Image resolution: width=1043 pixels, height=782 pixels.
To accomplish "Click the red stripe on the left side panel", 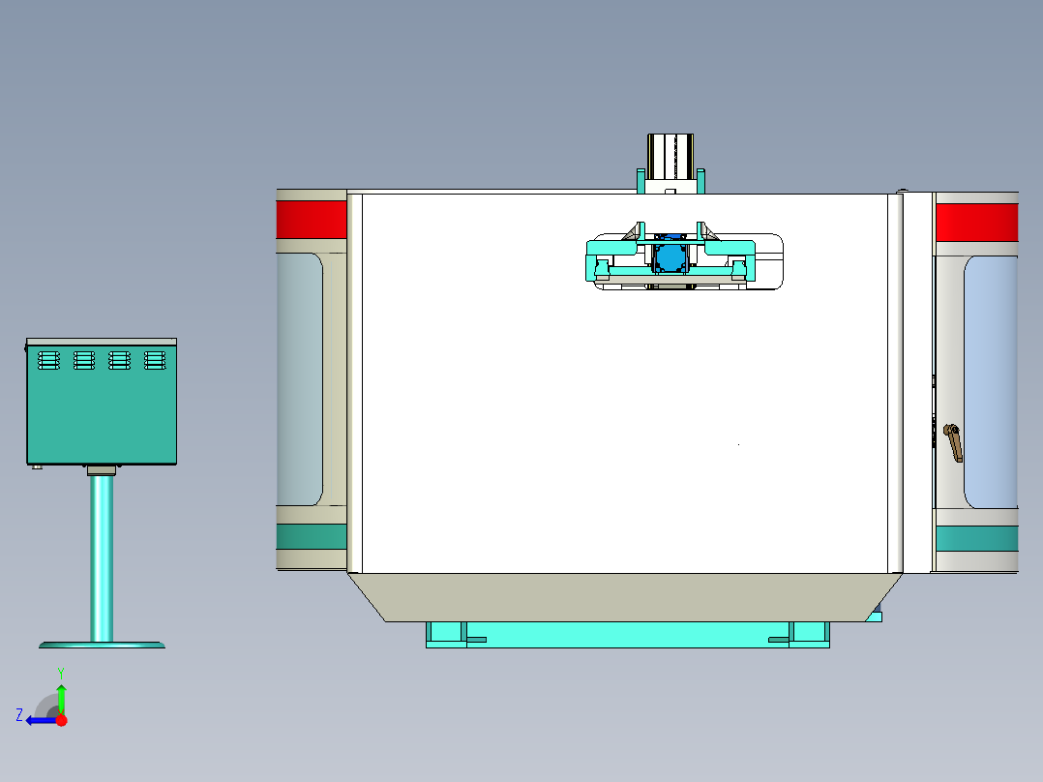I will pos(311,218).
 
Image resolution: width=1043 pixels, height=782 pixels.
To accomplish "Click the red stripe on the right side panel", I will pos(976,223).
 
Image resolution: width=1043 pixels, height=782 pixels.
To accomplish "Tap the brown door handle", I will pos(954,443).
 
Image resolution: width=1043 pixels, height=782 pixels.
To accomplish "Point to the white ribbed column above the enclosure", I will pos(670,156).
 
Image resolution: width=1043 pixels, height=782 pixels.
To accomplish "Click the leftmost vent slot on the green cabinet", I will pos(48,360).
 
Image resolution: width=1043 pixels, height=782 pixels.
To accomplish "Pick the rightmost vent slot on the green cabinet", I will pos(154,360).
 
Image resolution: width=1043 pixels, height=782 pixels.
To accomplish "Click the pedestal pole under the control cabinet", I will pos(101,556).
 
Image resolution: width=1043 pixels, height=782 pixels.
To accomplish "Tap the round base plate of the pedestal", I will pos(102,644).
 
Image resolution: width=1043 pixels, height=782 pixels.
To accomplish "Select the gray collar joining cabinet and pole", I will pos(101,470).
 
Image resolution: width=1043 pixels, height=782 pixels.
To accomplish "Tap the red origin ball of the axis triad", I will pos(61,720).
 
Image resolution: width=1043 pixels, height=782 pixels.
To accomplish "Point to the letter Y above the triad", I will pos(60,672).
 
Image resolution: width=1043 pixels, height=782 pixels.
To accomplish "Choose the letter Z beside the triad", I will pos(19,715).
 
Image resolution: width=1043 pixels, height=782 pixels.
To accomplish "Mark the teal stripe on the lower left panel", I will pos(311,537).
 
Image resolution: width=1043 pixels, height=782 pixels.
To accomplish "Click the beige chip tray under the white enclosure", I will pos(624,596).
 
